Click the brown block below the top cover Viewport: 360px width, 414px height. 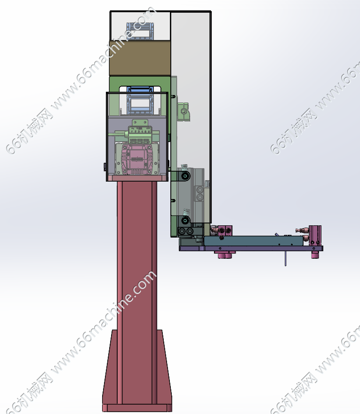(140, 58)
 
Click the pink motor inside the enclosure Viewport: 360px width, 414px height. (137, 159)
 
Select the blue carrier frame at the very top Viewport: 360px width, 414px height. (140, 31)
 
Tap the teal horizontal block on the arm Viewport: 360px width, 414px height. (254, 241)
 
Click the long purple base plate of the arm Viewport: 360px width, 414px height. (251, 248)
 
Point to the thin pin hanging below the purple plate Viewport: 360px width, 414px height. (286, 258)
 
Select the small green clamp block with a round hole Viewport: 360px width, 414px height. (184, 111)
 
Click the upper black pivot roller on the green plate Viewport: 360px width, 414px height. (185, 176)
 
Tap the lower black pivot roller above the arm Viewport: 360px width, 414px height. (185, 220)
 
